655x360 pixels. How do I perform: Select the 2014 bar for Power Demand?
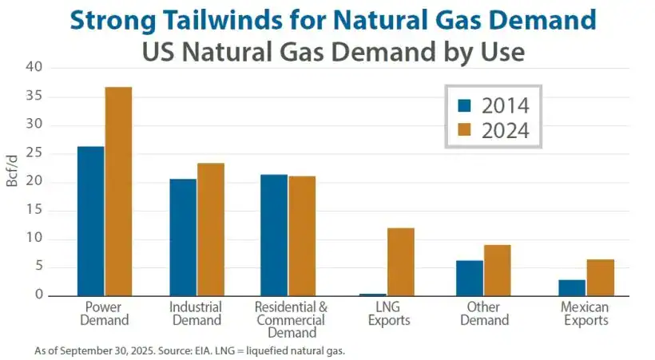click(91, 221)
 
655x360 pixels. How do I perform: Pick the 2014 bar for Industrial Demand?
click(183, 237)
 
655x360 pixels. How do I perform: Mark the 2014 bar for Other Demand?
click(470, 278)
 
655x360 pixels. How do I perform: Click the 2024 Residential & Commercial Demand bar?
click(301, 236)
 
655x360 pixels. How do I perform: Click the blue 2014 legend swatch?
click(465, 106)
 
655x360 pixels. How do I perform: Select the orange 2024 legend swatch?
click(465, 130)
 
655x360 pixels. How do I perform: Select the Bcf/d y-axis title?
click(12, 170)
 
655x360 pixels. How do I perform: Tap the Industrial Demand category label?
click(196, 314)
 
